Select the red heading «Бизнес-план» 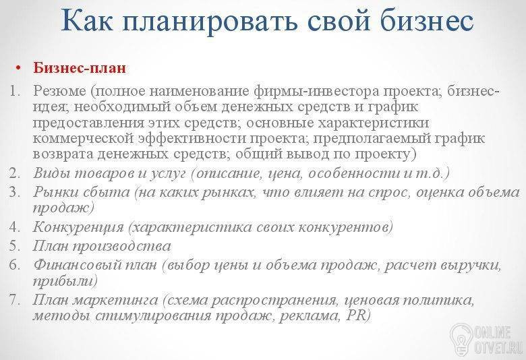[x=80, y=68]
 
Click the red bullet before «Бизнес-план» [x=18, y=68]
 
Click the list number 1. [x=15, y=91]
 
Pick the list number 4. [x=15, y=227]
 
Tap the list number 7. [x=15, y=299]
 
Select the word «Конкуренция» [x=78, y=227]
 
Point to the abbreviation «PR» [x=355, y=316]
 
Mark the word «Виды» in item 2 [x=51, y=173]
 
